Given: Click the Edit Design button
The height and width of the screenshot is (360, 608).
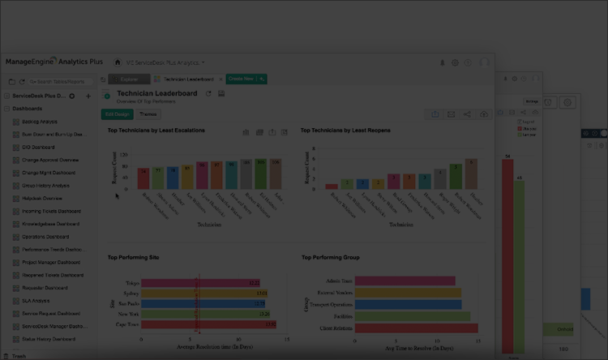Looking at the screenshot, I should pos(118,114).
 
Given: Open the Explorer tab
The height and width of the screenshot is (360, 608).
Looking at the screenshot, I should pos(128,79).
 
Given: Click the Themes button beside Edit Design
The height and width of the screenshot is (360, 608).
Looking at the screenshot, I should pos(149,114).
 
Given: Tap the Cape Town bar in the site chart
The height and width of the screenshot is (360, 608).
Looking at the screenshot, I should pos(208,324).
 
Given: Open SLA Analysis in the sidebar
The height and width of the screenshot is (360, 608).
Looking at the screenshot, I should pos(36,300).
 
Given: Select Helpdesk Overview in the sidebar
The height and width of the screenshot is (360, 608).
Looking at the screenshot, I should pos(42,198).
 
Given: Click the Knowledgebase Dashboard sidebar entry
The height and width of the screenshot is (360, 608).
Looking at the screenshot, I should pos(50,224).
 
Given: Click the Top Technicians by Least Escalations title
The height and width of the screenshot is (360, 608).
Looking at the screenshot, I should pos(156,130).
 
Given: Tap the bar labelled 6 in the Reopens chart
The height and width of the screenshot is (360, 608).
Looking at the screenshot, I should pos(456,176).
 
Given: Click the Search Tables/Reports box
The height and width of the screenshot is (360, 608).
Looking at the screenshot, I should pos(57,82).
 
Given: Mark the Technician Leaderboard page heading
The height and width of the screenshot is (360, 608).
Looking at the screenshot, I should pos(157,93).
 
